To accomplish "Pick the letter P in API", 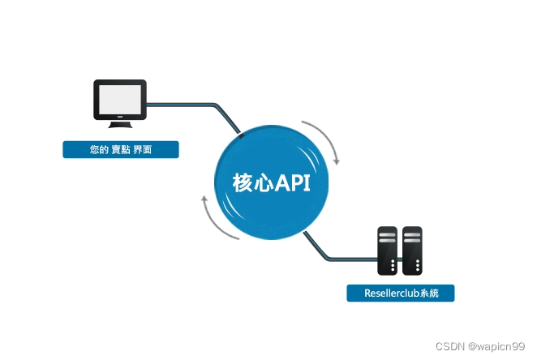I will (296, 183).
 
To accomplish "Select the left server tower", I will (389, 250).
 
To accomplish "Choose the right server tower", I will (412, 250).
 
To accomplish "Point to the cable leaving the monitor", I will (187, 104).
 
